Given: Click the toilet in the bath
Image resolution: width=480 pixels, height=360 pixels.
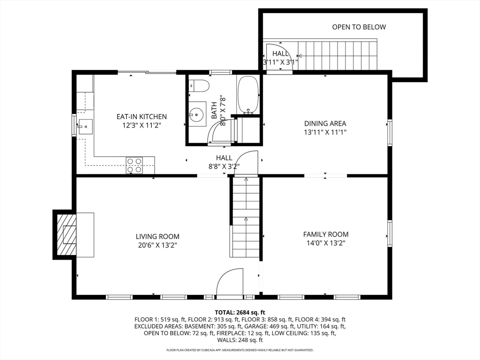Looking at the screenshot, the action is (199, 85).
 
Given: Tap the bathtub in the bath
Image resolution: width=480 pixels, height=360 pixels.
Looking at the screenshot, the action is (248, 95).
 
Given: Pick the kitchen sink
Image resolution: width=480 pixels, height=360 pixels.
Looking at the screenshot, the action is (85, 127).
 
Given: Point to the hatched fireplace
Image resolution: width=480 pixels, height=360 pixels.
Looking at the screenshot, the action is (66, 234).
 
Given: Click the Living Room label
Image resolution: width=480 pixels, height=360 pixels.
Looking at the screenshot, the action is (157, 236).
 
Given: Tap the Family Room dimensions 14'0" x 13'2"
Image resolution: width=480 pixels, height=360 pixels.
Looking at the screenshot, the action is (326, 243).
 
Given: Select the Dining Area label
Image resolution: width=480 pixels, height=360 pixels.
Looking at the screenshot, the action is (325, 123).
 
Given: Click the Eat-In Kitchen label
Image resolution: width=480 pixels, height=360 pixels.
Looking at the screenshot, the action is (142, 117).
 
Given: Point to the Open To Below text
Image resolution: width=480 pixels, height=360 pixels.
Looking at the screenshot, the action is (359, 27).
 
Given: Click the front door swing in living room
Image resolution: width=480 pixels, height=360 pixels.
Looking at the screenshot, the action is (230, 281).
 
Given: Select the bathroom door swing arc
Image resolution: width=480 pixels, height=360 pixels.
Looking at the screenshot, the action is (221, 131).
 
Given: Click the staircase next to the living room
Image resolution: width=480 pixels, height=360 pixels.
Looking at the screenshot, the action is (246, 217).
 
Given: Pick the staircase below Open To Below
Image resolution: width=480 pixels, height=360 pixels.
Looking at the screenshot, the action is (337, 55).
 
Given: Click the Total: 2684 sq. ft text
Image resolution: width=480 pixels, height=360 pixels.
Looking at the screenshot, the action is (240, 313).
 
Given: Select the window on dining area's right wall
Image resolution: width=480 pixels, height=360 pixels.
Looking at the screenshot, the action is (390, 132).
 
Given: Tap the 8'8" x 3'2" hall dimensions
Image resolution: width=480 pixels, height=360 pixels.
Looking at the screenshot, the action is (224, 166).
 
